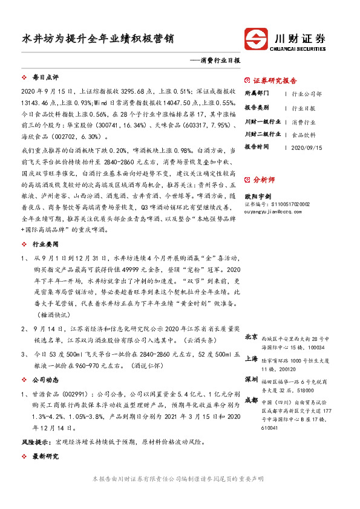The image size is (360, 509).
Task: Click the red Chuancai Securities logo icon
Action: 258,39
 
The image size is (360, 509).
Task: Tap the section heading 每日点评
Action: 45,78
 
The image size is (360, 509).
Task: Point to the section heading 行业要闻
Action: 45,244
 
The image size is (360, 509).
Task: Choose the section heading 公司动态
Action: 45,381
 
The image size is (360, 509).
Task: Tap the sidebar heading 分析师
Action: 264,180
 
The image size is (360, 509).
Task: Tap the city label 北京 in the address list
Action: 251,337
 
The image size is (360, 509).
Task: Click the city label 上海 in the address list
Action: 251,358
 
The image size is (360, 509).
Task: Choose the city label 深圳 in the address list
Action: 251,379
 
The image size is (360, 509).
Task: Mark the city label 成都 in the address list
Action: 251,400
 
